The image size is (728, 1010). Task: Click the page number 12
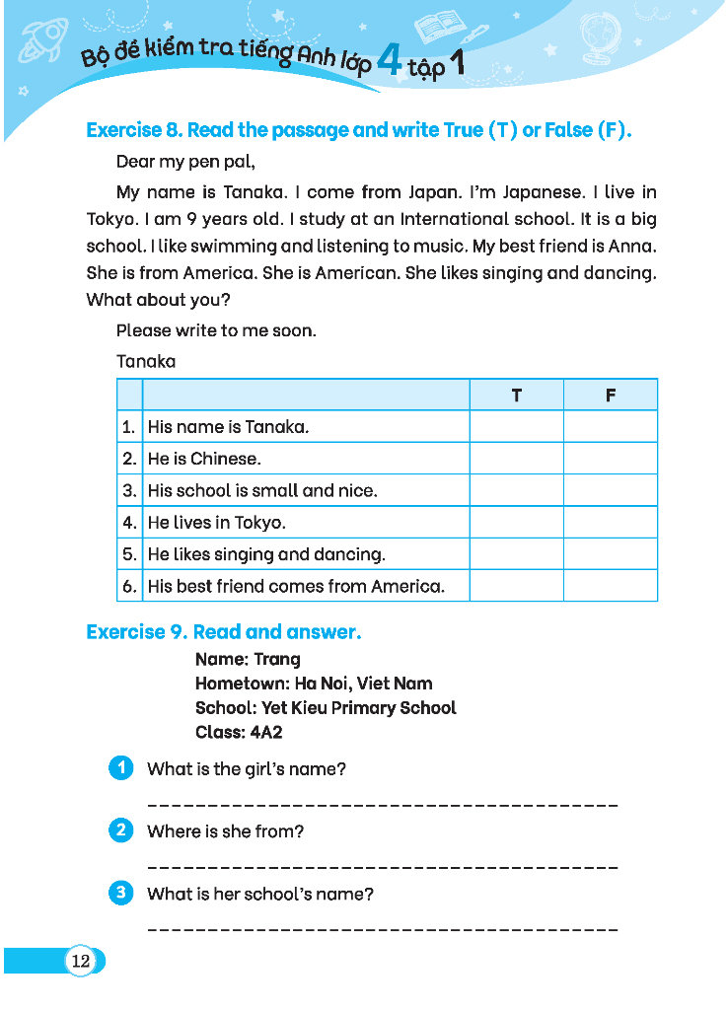point(81,961)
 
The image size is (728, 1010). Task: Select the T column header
point(516,396)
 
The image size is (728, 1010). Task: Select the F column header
point(610,396)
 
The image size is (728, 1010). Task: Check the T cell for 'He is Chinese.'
point(516,459)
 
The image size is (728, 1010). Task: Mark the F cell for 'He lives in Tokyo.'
point(610,523)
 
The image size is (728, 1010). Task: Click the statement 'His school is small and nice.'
point(262,490)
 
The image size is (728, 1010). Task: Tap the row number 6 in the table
point(129,586)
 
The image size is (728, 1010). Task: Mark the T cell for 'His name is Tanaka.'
point(516,427)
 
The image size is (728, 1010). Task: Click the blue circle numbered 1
point(120,768)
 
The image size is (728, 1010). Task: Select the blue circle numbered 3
point(120,894)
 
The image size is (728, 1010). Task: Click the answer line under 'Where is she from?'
point(382,867)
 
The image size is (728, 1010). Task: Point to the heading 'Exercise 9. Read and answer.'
point(224,632)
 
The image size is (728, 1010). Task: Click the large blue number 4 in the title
point(390,63)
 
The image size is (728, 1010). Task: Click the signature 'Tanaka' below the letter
point(146,361)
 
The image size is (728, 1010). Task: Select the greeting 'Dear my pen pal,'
point(185,161)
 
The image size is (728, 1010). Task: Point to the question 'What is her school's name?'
point(260,895)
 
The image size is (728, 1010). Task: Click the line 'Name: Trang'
point(248,659)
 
